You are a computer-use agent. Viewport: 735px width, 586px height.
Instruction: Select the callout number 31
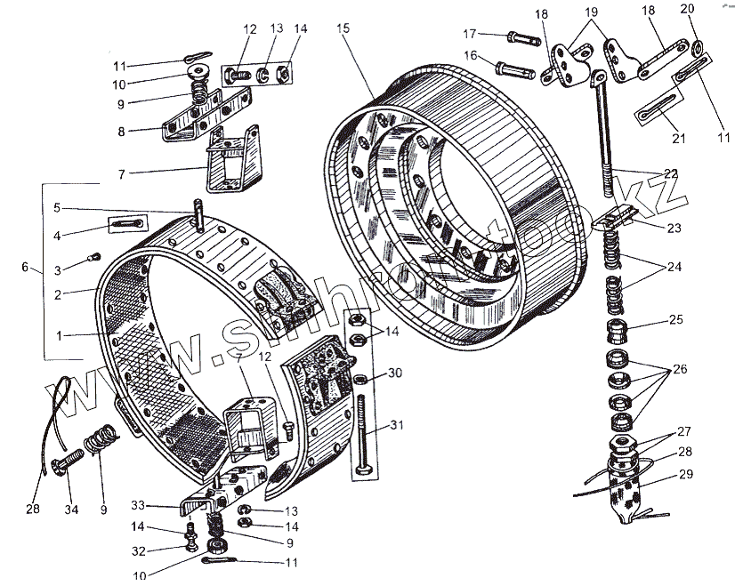tap(395, 425)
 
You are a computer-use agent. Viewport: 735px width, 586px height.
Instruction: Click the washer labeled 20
tap(699, 46)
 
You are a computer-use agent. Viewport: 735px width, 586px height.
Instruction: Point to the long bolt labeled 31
tap(364, 436)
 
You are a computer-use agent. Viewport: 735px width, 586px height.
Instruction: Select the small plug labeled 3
tap(91, 259)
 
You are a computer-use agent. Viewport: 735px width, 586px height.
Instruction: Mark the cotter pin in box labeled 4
tap(127, 224)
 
